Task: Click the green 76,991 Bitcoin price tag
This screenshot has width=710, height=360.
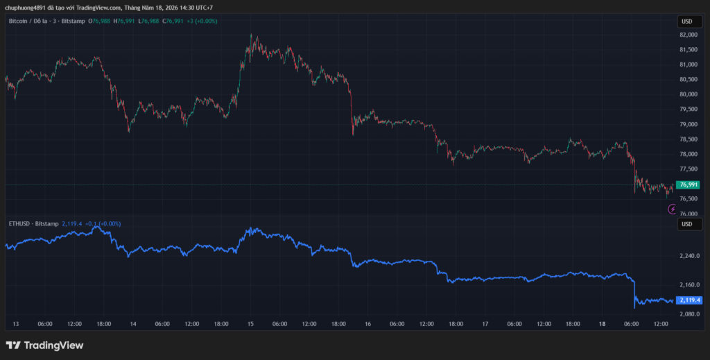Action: pos(687,185)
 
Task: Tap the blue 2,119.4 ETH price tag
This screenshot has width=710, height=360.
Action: pos(689,300)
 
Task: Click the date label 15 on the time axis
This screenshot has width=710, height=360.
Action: pos(250,324)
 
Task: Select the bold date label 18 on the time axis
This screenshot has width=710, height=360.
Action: pos(603,324)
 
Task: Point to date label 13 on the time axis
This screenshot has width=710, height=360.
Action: pos(17,324)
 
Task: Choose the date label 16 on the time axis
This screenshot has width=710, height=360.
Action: pos(367,324)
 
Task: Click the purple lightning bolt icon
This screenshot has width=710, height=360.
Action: pos(673,209)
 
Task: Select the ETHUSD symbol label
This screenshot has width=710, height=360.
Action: pos(20,223)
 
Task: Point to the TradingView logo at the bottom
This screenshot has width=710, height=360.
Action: pos(44,345)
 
